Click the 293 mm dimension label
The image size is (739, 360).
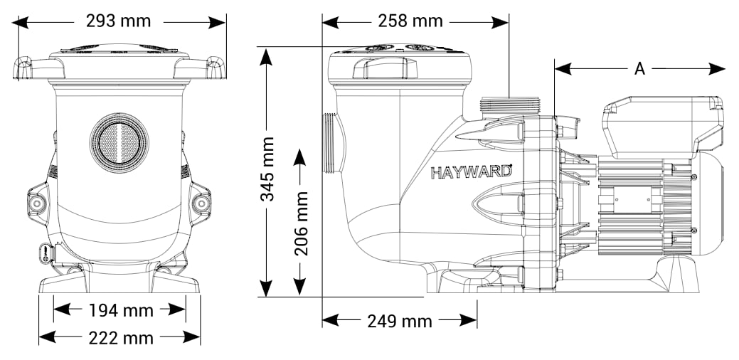point(118,21)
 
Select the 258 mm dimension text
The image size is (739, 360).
point(410,21)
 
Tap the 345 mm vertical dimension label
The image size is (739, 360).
point(267,169)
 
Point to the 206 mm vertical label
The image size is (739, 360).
point(301,223)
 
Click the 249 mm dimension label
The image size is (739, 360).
point(399,322)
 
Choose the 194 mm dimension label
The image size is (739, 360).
point(121,310)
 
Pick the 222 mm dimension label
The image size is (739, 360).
point(121,338)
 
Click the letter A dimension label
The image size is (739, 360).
point(639,69)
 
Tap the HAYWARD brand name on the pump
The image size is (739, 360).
point(472,171)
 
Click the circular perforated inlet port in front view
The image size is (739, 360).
point(119,142)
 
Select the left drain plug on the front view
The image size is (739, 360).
point(37,203)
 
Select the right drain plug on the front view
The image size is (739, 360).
point(201,203)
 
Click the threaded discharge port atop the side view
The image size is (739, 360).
point(509,105)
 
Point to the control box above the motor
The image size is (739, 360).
point(663,126)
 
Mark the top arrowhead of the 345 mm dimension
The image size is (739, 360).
point(266,55)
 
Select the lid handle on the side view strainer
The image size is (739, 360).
point(385,68)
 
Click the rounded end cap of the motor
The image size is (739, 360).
point(708,197)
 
